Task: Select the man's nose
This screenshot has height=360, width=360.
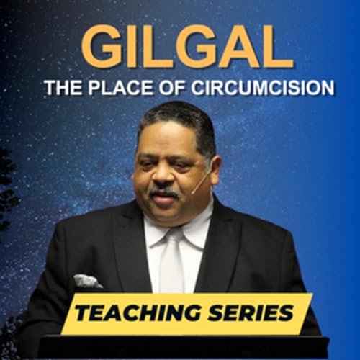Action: (x=163, y=176)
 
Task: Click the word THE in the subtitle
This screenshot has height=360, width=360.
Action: (x=59, y=88)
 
